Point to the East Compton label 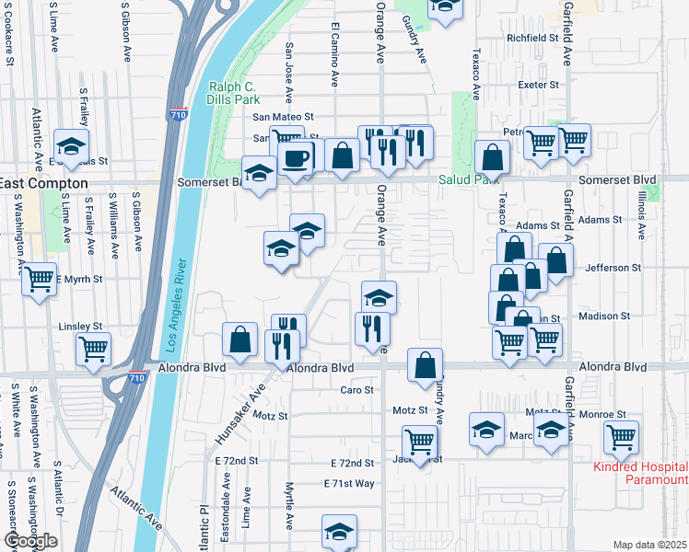pos(44,184)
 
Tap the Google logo pos(30,541)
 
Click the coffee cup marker pos(296,157)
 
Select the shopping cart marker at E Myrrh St pos(39,279)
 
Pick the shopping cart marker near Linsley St pos(95,350)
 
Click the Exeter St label pos(539,85)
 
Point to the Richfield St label pos(532,38)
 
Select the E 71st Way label pos(349,483)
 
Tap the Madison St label pos(603,316)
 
